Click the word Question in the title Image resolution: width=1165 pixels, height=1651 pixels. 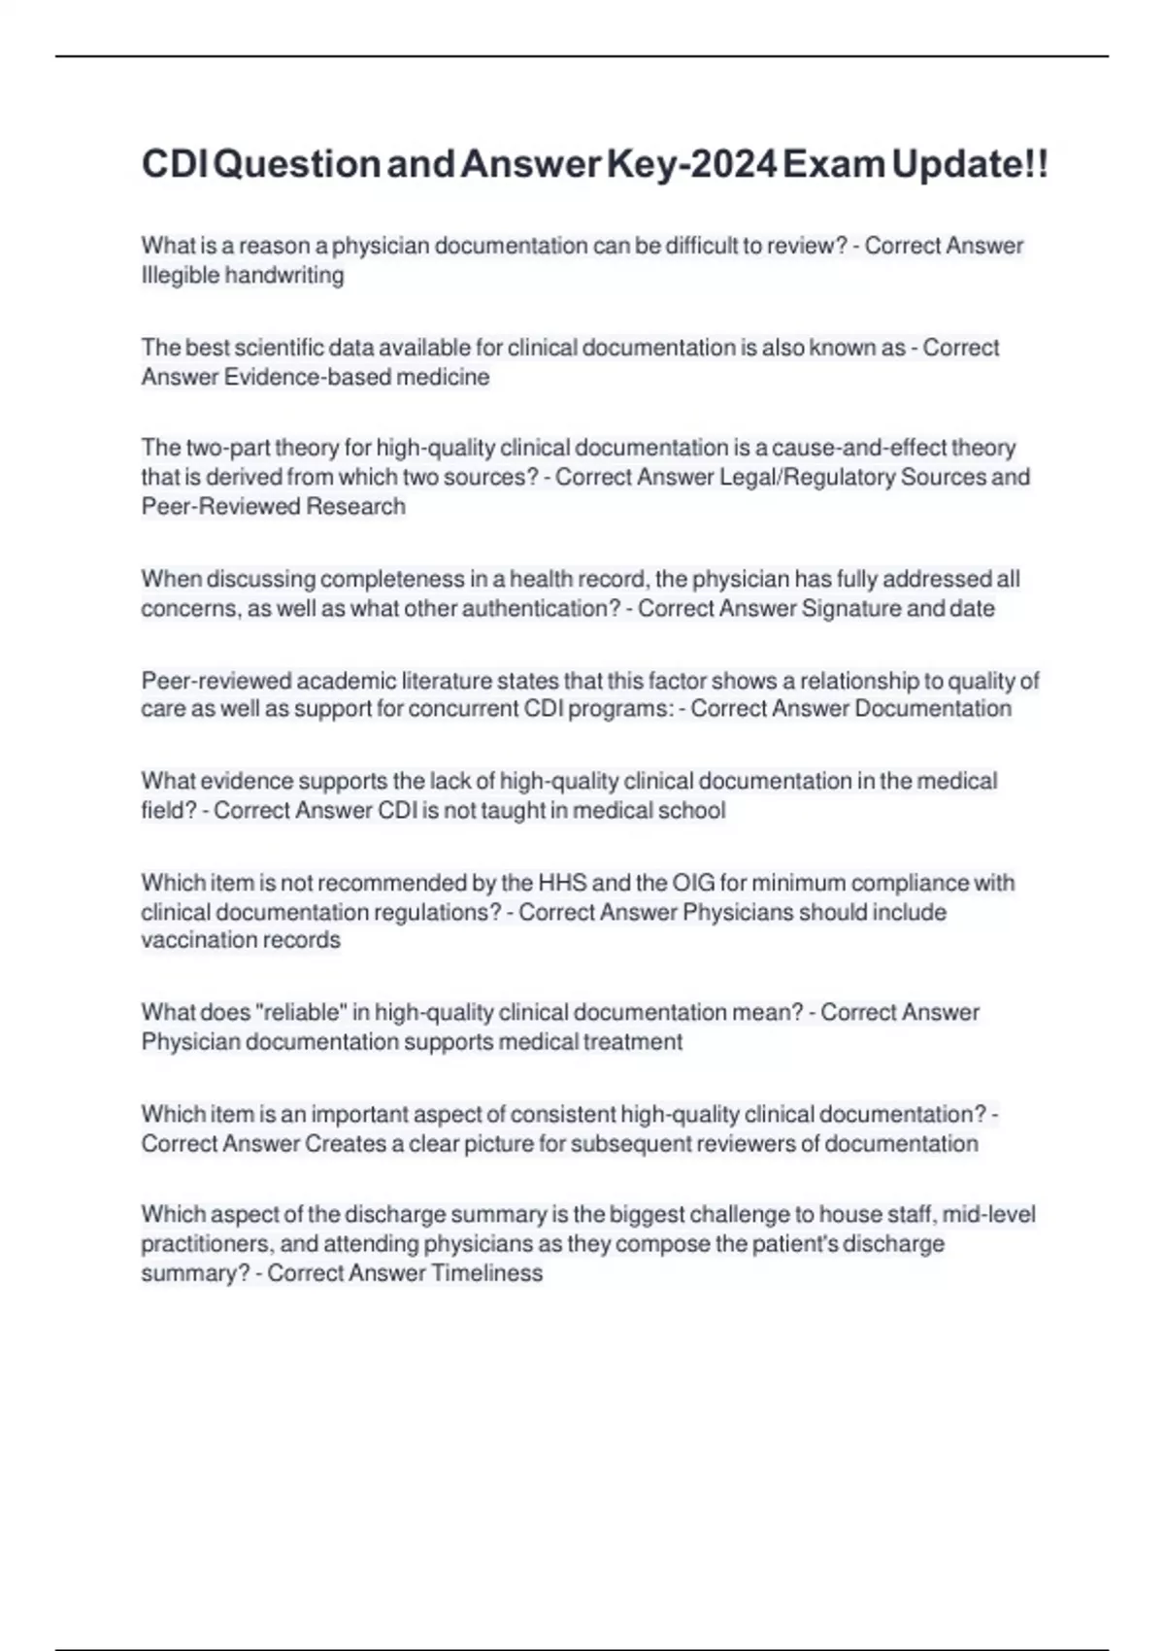click(x=296, y=164)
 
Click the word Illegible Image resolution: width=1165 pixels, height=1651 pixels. click(x=180, y=276)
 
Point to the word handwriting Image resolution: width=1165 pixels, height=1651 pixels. click(x=284, y=276)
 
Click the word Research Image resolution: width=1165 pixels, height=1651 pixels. click(x=356, y=506)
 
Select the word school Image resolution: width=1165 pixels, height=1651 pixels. click(x=692, y=810)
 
